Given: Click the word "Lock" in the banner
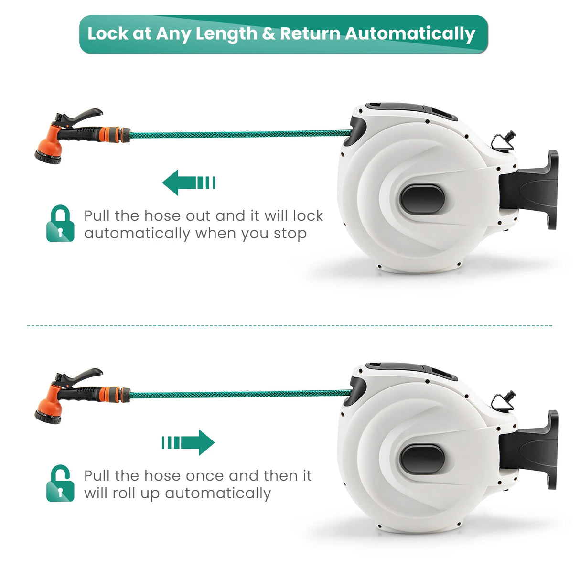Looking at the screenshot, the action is coord(108,33).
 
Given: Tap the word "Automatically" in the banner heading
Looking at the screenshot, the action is coord(410,35).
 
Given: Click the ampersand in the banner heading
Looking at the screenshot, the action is coord(269,34).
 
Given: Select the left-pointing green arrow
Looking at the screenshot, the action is coord(189,183).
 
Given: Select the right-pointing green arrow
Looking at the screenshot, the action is coord(188,442).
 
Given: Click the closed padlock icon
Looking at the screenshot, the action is coord(60,223).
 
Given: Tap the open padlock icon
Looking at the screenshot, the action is coord(60,483).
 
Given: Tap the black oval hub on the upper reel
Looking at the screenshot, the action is coord(422,199).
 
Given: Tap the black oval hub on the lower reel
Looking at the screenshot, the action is coord(422,459).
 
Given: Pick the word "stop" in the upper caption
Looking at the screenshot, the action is coord(290,234).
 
